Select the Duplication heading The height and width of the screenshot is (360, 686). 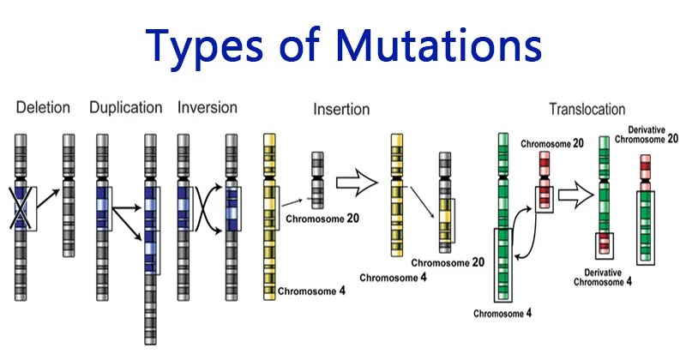click(125, 108)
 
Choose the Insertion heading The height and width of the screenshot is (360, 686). click(341, 109)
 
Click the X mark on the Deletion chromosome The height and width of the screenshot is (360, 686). click(21, 207)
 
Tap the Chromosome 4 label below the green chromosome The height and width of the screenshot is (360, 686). click(502, 313)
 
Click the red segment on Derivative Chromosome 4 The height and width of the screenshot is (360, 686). click(606, 244)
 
